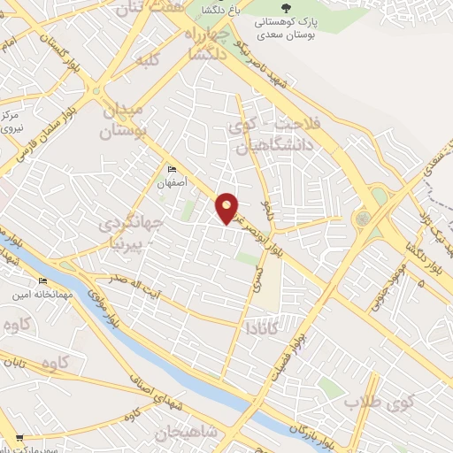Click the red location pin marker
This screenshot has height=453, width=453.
pyautogui.click(x=227, y=207)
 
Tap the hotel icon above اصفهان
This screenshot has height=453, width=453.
pyautogui.click(x=172, y=169)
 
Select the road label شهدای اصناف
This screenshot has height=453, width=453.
pyautogui.click(x=170, y=387)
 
